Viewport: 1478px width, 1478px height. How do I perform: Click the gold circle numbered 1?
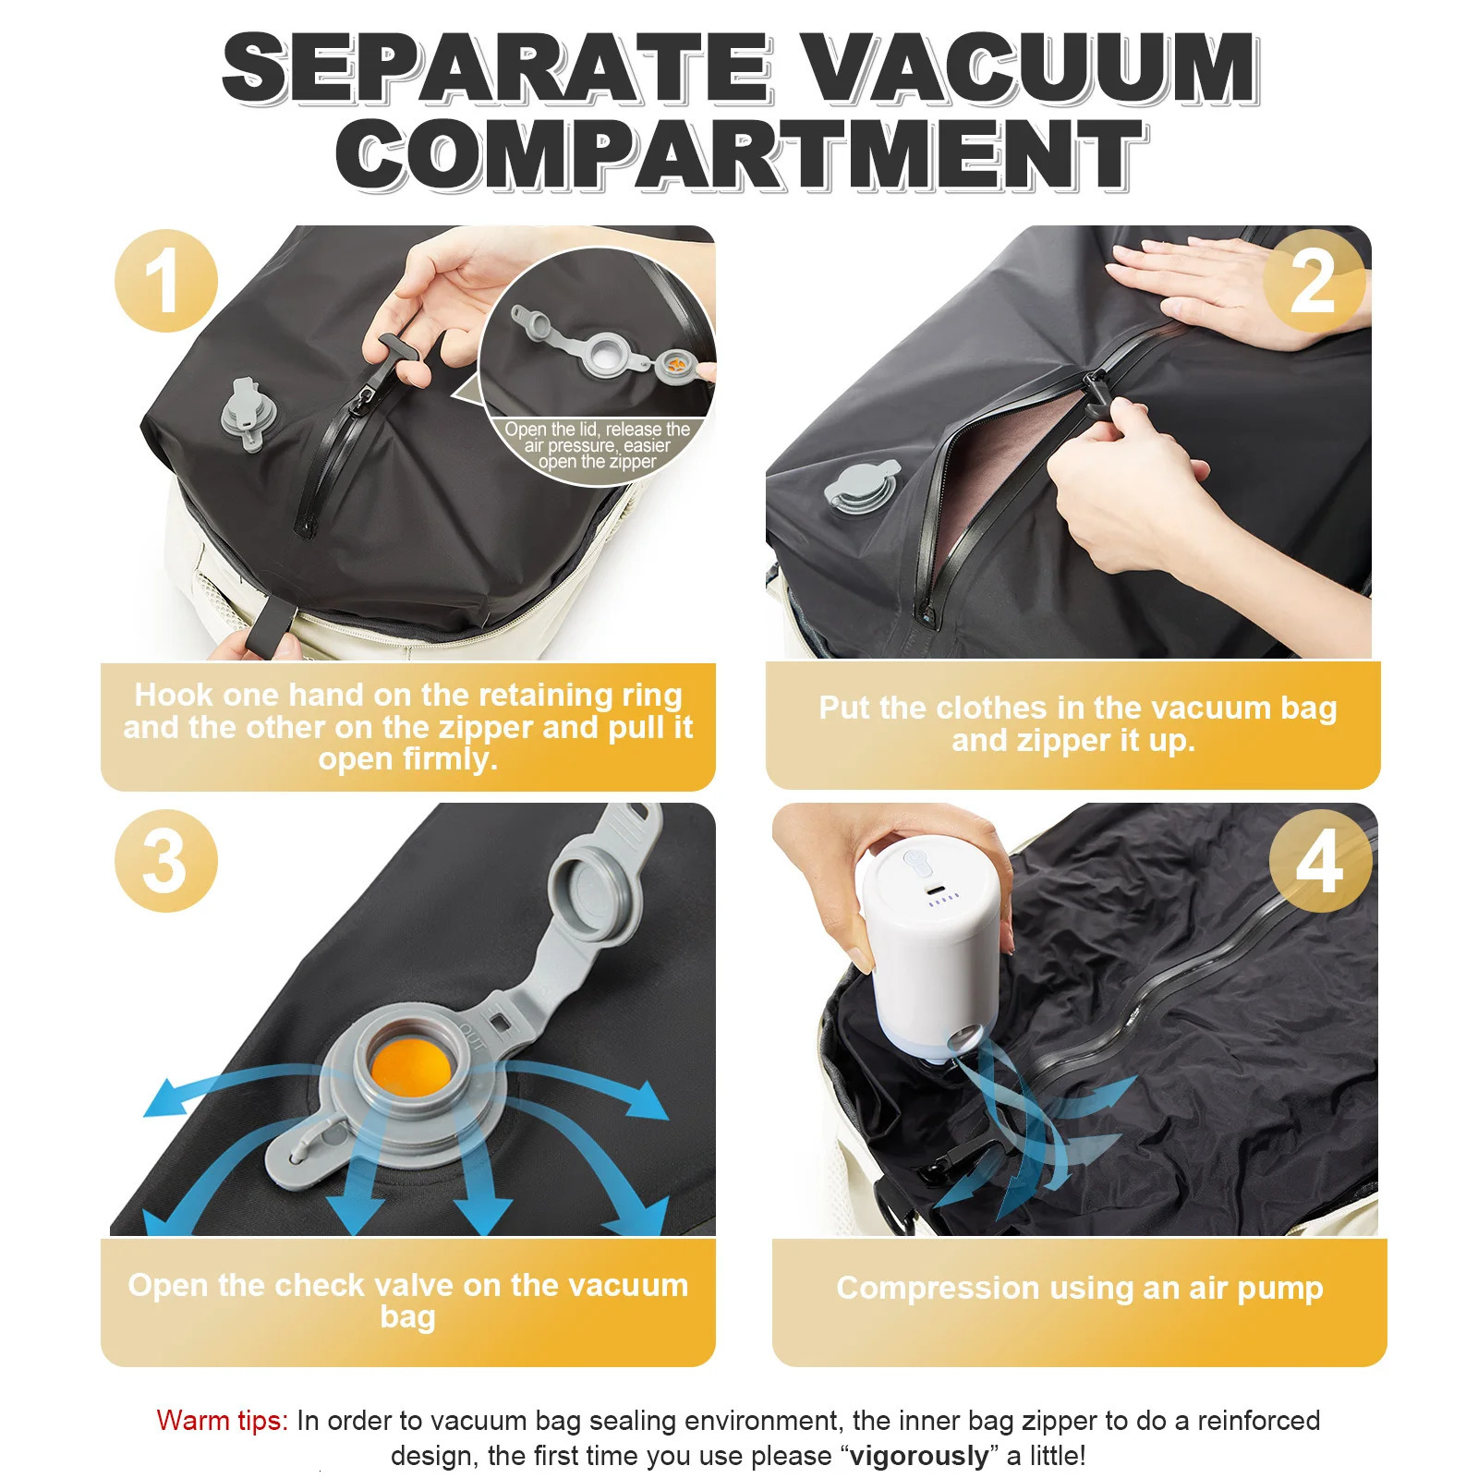coord(166,281)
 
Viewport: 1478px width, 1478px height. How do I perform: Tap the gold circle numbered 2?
coord(1314,281)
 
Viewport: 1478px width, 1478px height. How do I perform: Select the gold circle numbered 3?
coord(166,861)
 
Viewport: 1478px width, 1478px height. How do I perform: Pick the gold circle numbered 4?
coord(1319,861)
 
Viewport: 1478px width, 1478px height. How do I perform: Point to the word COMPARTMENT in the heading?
coord(741,154)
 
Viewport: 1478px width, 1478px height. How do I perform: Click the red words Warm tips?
coord(223,1420)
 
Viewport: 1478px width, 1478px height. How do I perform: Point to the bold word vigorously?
coord(918,1456)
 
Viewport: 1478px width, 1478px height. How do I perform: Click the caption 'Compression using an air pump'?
coord(1079,1288)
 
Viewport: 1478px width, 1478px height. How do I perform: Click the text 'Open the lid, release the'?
coord(597,430)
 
